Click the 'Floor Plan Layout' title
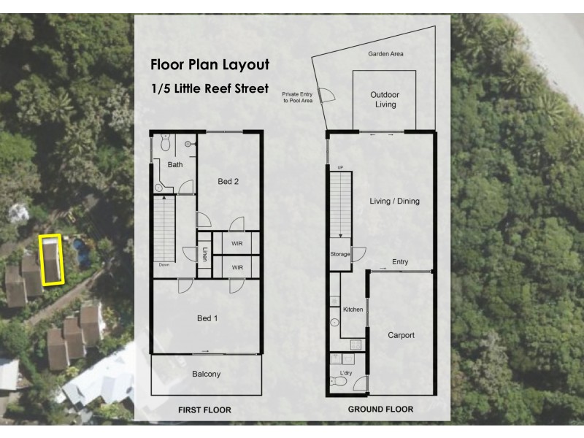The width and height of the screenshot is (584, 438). pyautogui.click(x=210, y=65)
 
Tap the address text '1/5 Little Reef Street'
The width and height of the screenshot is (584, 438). pyautogui.click(x=210, y=88)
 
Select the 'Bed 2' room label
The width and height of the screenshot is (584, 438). pyautogui.click(x=228, y=182)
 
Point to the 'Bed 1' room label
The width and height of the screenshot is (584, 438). pyautogui.click(x=207, y=318)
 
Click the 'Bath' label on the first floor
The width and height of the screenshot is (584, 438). pyautogui.click(x=175, y=165)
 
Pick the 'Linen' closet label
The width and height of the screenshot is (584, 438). pyautogui.click(x=204, y=255)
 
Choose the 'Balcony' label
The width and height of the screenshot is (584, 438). pyautogui.click(x=206, y=374)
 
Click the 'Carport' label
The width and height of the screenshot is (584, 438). pyautogui.click(x=401, y=335)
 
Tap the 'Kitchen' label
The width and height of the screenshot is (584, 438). pyautogui.click(x=353, y=310)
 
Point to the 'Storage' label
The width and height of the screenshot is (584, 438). pyautogui.click(x=339, y=255)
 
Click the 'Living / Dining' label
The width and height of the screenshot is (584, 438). pyautogui.click(x=395, y=201)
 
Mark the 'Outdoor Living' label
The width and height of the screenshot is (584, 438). pyautogui.click(x=385, y=99)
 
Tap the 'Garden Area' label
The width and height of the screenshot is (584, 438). pyautogui.click(x=385, y=54)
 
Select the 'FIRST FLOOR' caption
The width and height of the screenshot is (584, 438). pyautogui.click(x=204, y=410)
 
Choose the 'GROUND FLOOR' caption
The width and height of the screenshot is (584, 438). pyautogui.click(x=380, y=410)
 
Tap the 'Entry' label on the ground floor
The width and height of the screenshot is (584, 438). pyautogui.click(x=400, y=262)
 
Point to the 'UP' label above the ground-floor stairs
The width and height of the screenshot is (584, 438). pyautogui.click(x=339, y=168)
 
